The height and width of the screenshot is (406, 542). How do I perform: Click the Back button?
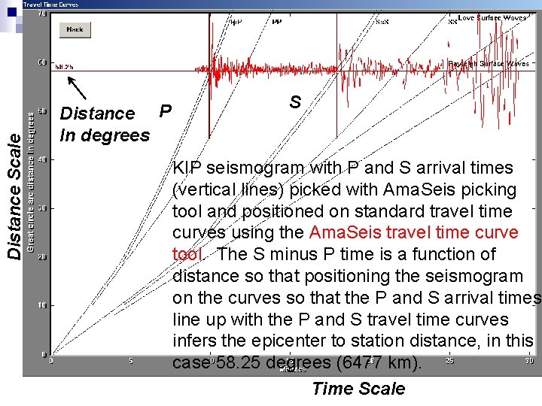click(75, 29)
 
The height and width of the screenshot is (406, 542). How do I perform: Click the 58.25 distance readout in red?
click(64, 66)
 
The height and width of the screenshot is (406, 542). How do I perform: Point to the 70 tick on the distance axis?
click(42, 14)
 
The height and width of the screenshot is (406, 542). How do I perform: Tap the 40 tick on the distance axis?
click(42, 159)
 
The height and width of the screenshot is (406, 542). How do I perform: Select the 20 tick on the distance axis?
click(42, 257)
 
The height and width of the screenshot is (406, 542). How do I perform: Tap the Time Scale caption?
click(358, 389)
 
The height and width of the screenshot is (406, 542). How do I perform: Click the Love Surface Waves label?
click(493, 17)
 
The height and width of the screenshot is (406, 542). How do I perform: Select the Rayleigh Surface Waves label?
click(489, 65)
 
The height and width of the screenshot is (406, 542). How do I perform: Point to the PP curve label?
click(276, 22)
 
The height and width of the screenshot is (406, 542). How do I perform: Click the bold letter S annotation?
click(295, 103)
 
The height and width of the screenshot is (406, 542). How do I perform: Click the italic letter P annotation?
click(166, 111)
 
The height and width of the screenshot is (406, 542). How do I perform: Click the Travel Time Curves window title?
click(50, 5)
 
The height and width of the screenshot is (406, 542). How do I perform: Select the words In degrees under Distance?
click(105, 135)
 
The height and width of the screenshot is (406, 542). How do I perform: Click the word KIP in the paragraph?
click(187, 168)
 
